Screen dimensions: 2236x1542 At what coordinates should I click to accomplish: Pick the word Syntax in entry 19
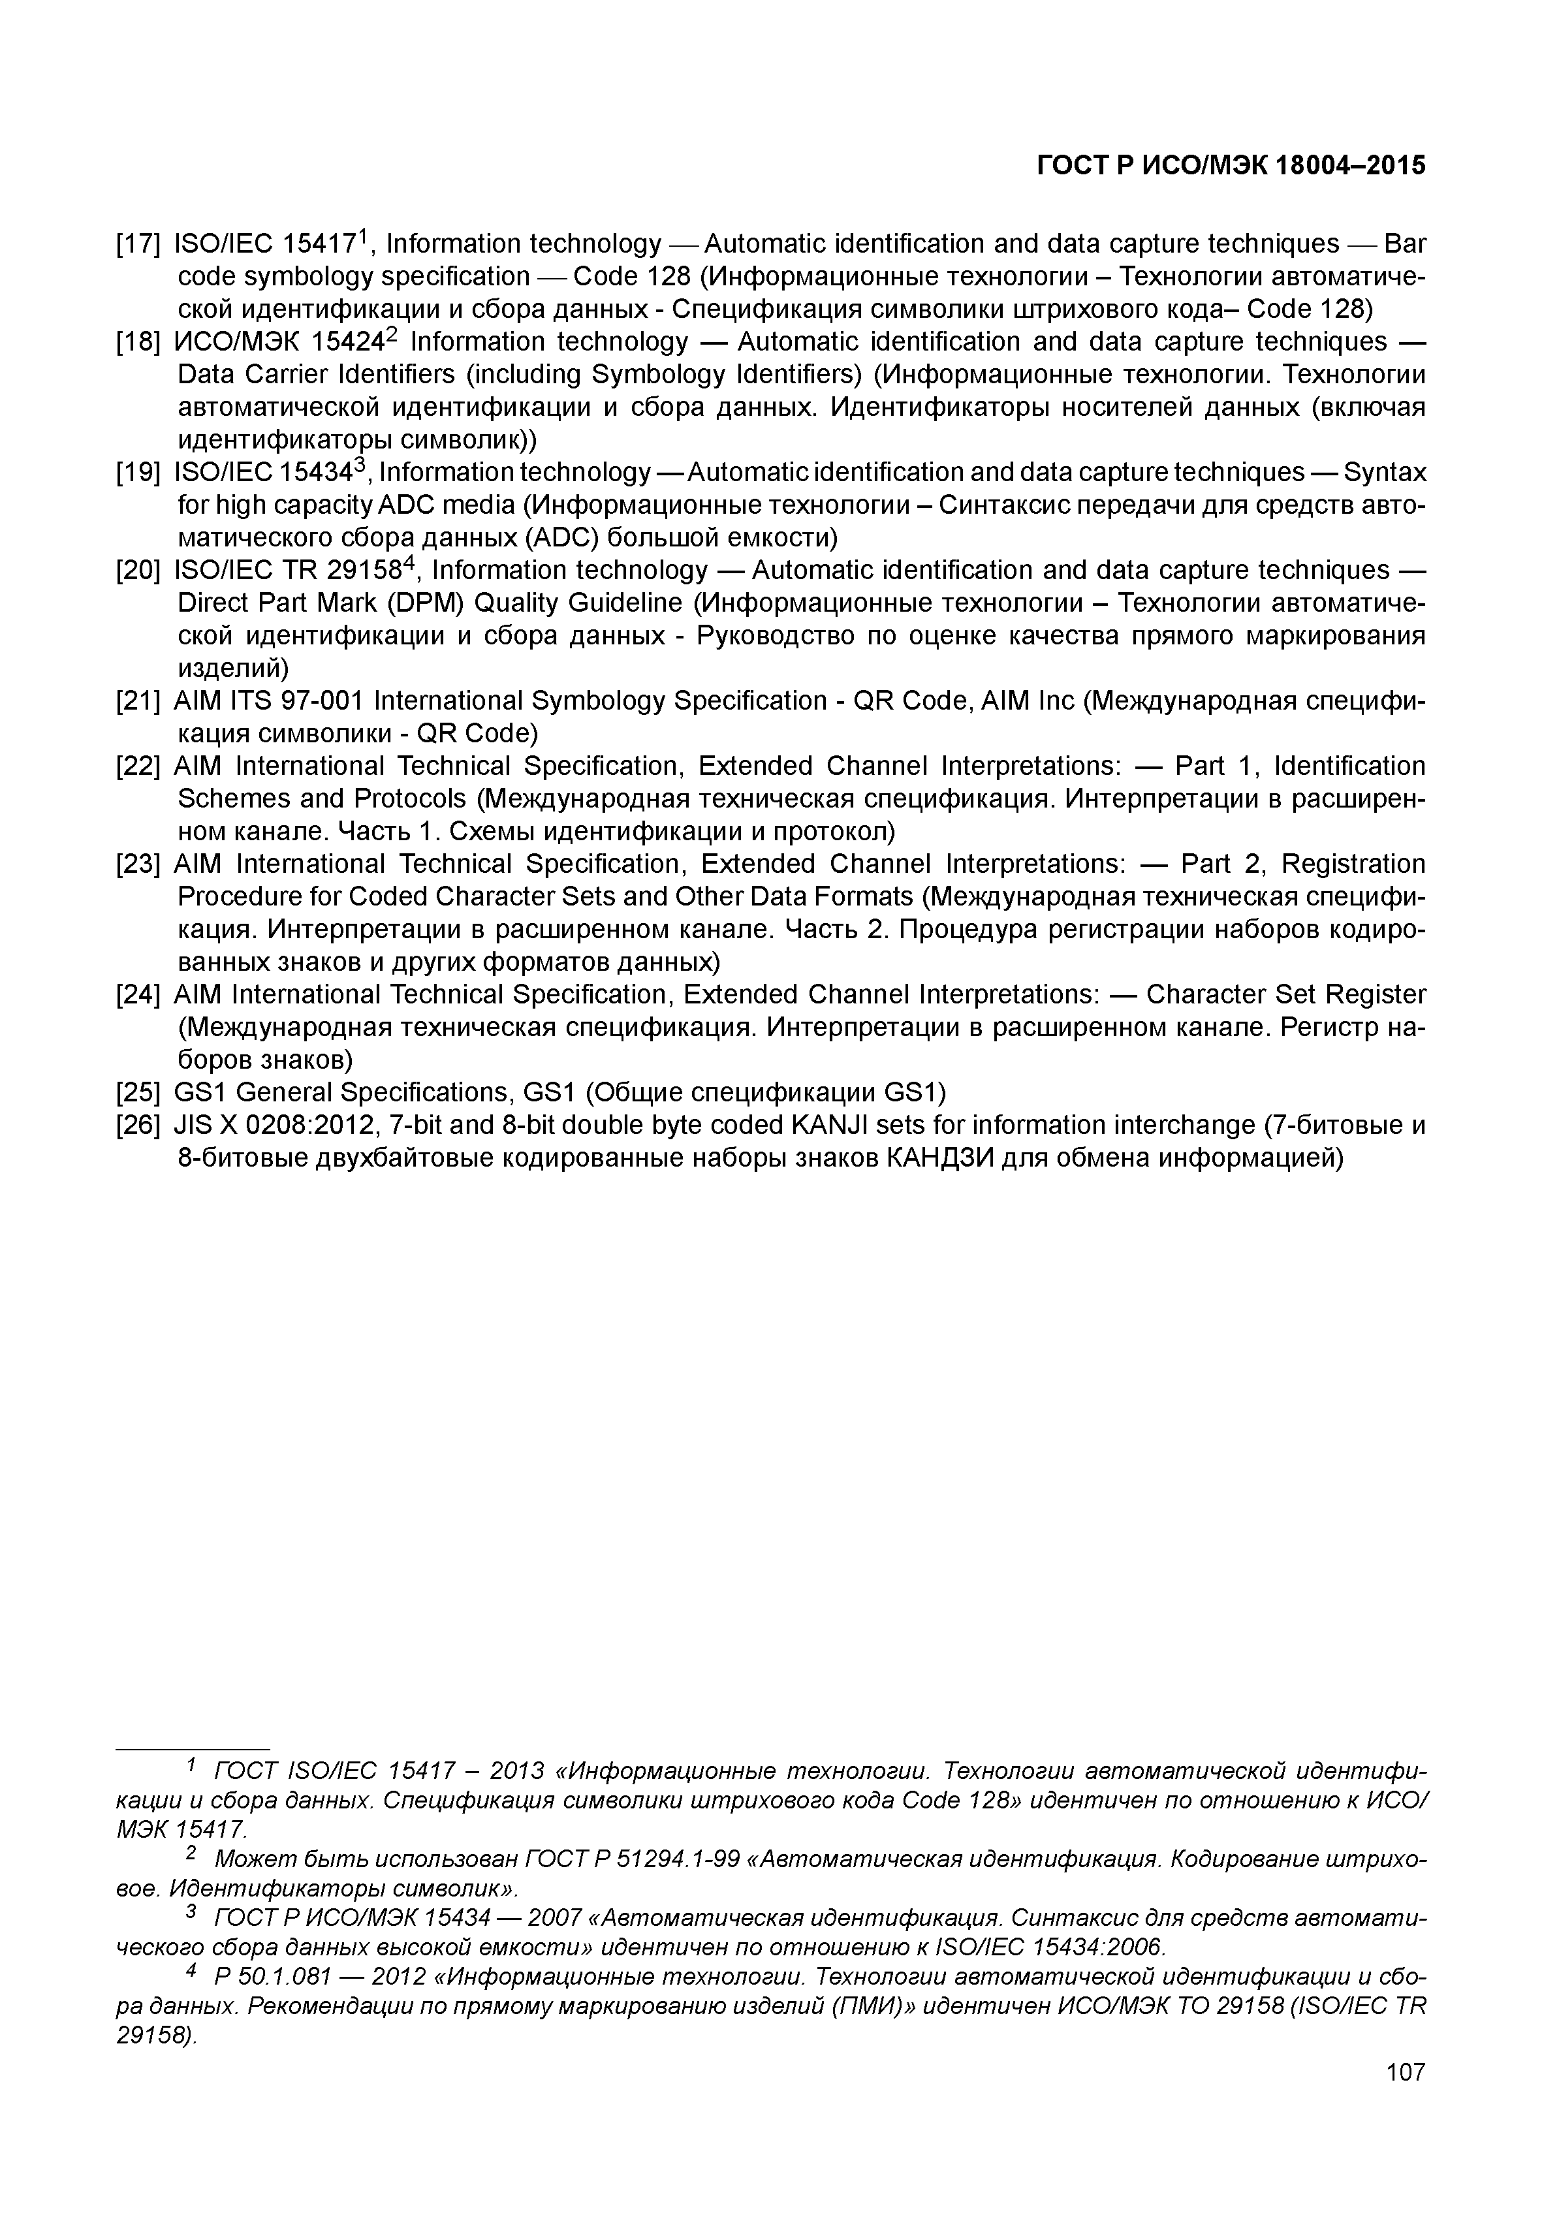[x=1385, y=473]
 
